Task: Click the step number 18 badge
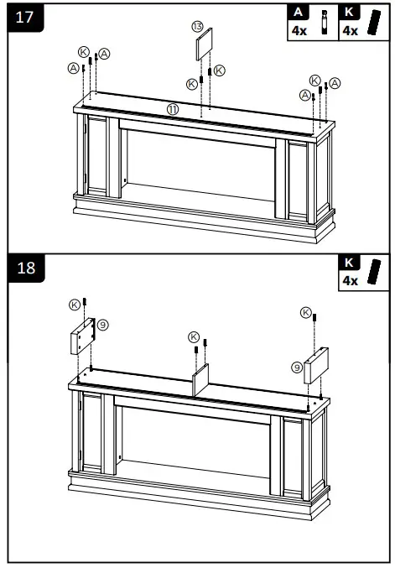pyautogui.click(x=25, y=268)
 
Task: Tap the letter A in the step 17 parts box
pyautogui.click(x=298, y=13)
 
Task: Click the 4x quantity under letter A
pyautogui.click(x=299, y=30)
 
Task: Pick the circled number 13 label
pyautogui.click(x=198, y=27)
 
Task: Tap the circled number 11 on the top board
pyautogui.click(x=172, y=109)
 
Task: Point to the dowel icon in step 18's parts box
pyautogui.click(x=375, y=273)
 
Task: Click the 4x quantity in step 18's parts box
pyautogui.click(x=350, y=280)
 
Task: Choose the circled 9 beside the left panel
pyautogui.click(x=102, y=324)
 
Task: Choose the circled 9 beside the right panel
pyautogui.click(x=297, y=367)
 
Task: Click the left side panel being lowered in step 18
pyautogui.click(x=81, y=337)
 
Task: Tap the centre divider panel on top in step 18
pyautogui.click(x=201, y=379)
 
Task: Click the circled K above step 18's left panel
pyautogui.click(x=75, y=303)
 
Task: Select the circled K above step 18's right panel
pyautogui.click(x=305, y=313)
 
